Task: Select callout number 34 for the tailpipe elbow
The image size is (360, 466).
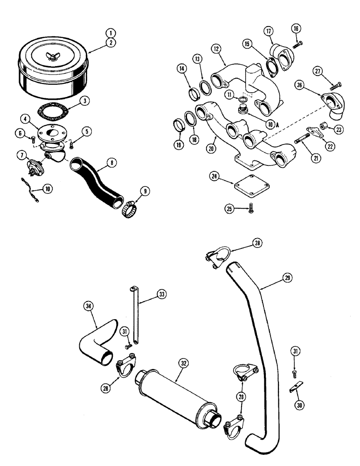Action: coord(88,306)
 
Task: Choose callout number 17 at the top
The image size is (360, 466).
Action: coord(268,31)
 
